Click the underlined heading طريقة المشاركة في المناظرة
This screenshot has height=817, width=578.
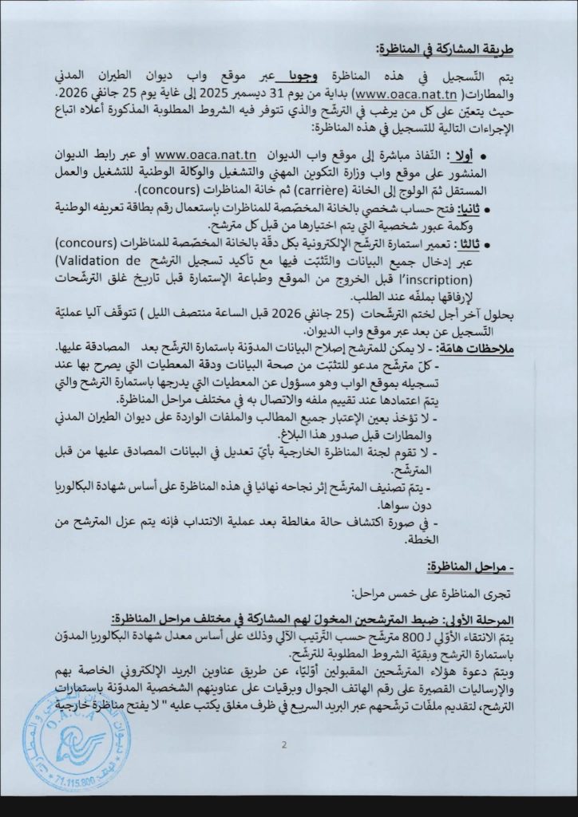tap(463, 46)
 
